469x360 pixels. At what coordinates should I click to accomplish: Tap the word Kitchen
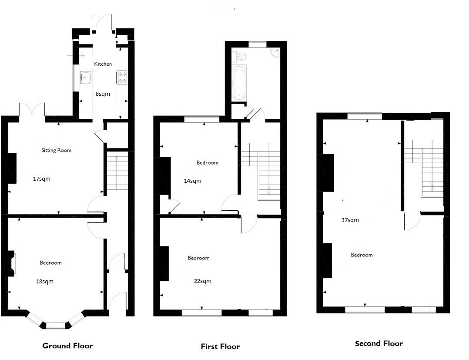[x=103, y=64]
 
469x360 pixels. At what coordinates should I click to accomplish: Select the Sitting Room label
[x=56, y=150]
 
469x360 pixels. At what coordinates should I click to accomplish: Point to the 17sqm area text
[x=41, y=178]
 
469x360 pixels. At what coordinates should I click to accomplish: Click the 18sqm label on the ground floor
[x=45, y=281]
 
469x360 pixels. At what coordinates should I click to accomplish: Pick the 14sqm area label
[x=193, y=181]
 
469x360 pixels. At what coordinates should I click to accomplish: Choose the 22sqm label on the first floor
[x=203, y=281]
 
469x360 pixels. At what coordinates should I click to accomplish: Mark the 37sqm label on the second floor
[x=350, y=220]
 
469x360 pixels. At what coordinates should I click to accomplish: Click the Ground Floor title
[x=67, y=346]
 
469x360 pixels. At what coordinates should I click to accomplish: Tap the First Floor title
[x=220, y=347]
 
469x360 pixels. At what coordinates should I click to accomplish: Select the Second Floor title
[x=379, y=343]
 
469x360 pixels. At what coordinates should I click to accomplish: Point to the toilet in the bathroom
[x=241, y=56]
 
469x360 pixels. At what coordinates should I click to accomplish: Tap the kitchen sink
[x=85, y=78]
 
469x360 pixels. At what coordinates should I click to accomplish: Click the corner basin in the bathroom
[x=274, y=52]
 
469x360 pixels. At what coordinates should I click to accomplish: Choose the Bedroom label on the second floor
[x=362, y=255]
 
